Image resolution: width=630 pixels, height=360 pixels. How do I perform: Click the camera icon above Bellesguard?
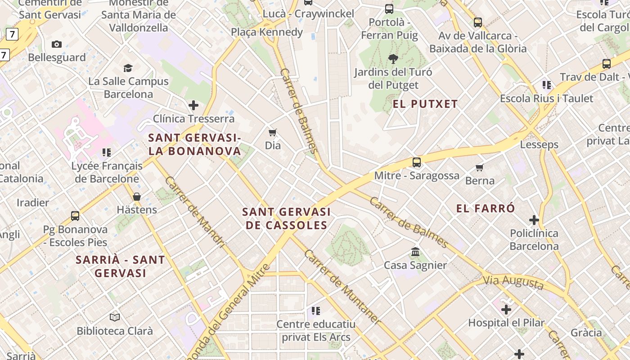(56, 44)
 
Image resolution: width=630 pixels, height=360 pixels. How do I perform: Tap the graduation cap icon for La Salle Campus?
(128, 68)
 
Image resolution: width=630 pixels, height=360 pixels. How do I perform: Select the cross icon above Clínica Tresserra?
(193, 105)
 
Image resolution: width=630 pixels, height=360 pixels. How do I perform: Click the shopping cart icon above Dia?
(272, 132)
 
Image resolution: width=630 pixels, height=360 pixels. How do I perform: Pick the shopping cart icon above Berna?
(480, 167)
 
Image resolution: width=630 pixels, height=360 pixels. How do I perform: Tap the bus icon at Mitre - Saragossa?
(417, 162)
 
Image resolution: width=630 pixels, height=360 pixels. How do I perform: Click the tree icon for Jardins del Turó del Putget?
(393, 58)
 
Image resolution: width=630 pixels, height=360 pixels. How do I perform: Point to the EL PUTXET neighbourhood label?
(425, 104)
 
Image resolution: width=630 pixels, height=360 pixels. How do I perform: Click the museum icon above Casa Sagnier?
(415, 252)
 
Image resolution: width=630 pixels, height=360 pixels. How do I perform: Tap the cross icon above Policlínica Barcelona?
(534, 220)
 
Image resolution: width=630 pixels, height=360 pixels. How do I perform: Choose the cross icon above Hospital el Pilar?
(506, 310)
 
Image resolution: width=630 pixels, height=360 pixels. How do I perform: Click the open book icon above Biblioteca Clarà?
(115, 317)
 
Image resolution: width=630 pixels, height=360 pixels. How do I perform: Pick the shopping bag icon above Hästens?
(137, 197)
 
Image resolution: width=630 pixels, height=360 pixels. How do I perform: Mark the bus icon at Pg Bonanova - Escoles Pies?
(75, 216)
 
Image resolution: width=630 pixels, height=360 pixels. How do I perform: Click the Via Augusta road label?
(513, 283)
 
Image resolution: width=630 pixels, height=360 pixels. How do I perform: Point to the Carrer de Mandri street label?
(194, 212)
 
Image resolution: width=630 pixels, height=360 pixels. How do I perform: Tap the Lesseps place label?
(539, 144)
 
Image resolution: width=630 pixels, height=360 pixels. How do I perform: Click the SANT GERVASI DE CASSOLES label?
(286, 218)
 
